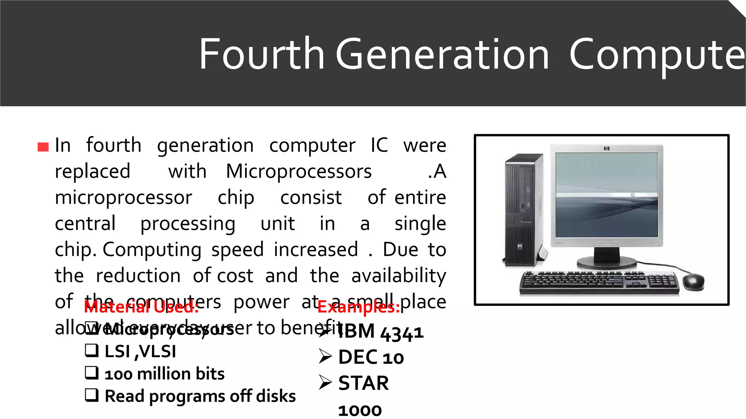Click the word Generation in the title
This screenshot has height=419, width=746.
coord(442,55)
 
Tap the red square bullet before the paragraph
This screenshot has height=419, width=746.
coord(43,147)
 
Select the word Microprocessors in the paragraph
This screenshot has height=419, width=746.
coord(299,172)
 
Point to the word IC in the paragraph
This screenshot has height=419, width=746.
coord(379,145)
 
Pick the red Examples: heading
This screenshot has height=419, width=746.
coord(358,307)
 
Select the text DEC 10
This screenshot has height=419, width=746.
coord(371,358)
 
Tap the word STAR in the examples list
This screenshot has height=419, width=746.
coord(364,383)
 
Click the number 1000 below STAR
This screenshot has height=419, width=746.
coord(360,411)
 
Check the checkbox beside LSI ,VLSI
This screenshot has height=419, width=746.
coord(92,350)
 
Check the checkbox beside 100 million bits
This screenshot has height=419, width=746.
coord(92,373)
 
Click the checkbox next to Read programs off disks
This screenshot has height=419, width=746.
coord(92,395)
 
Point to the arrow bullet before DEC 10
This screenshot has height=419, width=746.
coord(325,356)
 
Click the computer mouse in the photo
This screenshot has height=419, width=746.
coord(693,282)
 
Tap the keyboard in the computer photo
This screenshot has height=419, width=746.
coord(599,283)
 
